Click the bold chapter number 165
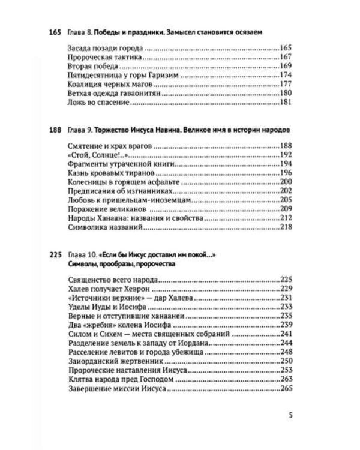point(55,31)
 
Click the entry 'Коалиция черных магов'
point(106,85)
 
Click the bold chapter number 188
point(55,130)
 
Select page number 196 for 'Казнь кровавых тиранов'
point(286,173)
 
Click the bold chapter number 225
point(55,255)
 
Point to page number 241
point(286,334)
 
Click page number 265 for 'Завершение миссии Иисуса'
point(286,389)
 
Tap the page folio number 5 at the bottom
point(290,416)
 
